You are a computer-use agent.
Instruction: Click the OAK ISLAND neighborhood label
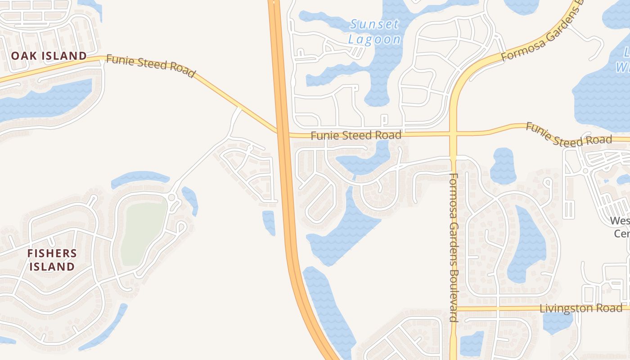49,56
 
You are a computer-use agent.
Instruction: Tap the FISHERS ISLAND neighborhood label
52,260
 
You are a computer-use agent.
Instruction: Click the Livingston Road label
581,308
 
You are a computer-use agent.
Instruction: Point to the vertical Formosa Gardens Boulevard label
453,247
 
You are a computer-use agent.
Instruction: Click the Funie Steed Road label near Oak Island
151,67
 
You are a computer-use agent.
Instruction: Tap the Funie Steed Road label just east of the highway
356,135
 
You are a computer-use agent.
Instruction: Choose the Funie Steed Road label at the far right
569,135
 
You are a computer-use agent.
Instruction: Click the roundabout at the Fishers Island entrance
171,198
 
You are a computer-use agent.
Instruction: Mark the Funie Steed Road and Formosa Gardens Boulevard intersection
453,134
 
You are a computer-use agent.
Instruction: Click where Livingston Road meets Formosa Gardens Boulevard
454,309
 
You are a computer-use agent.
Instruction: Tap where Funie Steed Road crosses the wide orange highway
282,134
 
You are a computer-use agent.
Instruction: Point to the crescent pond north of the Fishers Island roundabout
140,178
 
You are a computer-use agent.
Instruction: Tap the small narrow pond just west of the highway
269,222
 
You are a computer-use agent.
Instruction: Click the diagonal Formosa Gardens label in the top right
540,34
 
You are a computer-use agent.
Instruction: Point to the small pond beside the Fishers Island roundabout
190,200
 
